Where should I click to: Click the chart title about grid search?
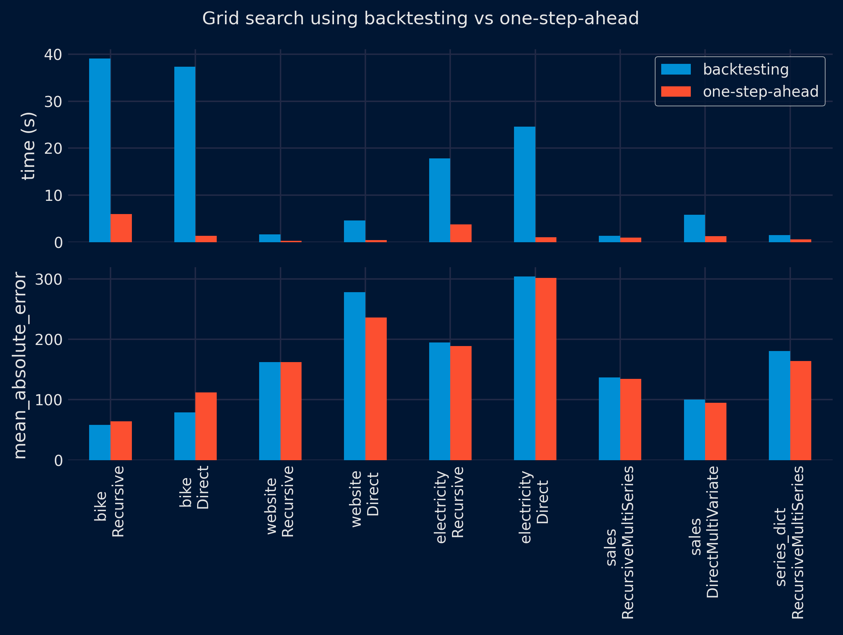coord(420,18)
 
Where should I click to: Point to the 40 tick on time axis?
coord(53,55)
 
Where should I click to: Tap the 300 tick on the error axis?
coord(48,279)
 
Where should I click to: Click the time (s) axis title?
coord(28,146)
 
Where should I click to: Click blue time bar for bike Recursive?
coord(100,150)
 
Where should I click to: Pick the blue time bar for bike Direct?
coord(185,154)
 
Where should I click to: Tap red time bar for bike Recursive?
coord(121,228)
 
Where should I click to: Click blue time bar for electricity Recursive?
coord(440,200)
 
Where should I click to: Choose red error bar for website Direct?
coord(376,388)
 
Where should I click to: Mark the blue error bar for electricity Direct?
coord(524,368)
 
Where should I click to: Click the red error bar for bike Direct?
coord(206,426)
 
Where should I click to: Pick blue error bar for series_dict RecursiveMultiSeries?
coord(779,405)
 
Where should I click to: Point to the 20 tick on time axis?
coord(53,148)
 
